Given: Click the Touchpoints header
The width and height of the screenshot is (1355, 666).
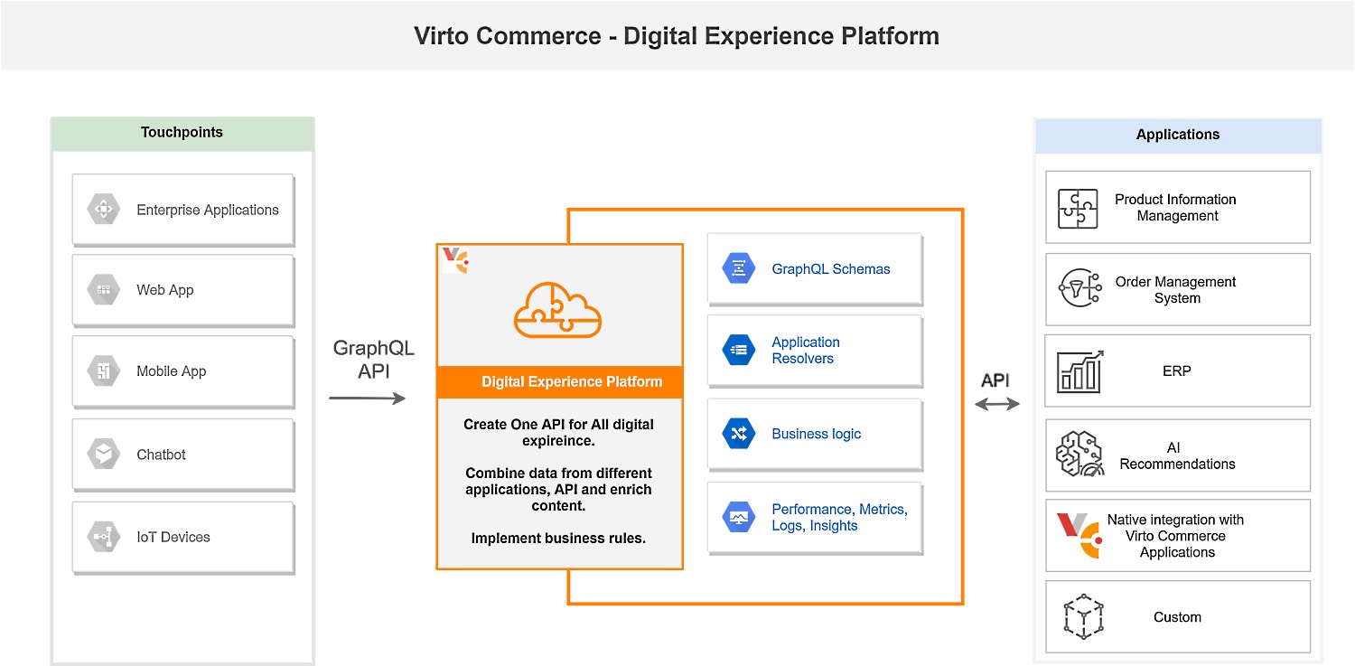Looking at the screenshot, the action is point(182,133).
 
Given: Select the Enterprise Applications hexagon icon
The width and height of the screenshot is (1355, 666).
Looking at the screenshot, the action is point(104,210).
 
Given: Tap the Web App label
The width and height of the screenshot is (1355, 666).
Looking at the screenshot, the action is point(165,290).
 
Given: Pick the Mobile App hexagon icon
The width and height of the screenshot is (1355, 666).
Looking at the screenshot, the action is point(104,371).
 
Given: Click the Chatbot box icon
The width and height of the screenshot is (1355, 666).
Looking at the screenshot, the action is point(104,454).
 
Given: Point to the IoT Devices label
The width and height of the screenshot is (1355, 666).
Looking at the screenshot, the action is point(173,537).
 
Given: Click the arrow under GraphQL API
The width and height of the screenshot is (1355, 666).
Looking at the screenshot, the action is point(367,398).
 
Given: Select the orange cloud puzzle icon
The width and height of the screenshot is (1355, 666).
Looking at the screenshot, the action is point(557,310).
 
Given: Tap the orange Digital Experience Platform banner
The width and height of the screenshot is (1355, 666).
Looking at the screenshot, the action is point(560,381).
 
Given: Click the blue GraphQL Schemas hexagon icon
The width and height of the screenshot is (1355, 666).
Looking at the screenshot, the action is point(739,268).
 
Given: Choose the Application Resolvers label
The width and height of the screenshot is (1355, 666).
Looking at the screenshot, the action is point(806,351).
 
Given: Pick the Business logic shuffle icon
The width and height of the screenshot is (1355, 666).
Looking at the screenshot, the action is point(739,433).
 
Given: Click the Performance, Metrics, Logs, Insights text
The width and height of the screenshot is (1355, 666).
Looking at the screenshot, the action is point(839,517).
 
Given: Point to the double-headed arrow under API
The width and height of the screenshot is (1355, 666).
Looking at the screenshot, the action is point(997,404).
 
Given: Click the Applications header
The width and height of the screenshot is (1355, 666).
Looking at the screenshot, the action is point(1178,135).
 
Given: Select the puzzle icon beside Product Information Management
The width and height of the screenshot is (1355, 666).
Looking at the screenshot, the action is point(1078,209).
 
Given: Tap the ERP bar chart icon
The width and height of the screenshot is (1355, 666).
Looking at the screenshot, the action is point(1079,371).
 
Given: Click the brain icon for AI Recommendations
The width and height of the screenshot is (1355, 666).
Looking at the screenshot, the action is point(1079,454).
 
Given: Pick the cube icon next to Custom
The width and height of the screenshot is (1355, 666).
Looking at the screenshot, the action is point(1083,616).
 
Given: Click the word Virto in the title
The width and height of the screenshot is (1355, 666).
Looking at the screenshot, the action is point(441,35).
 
